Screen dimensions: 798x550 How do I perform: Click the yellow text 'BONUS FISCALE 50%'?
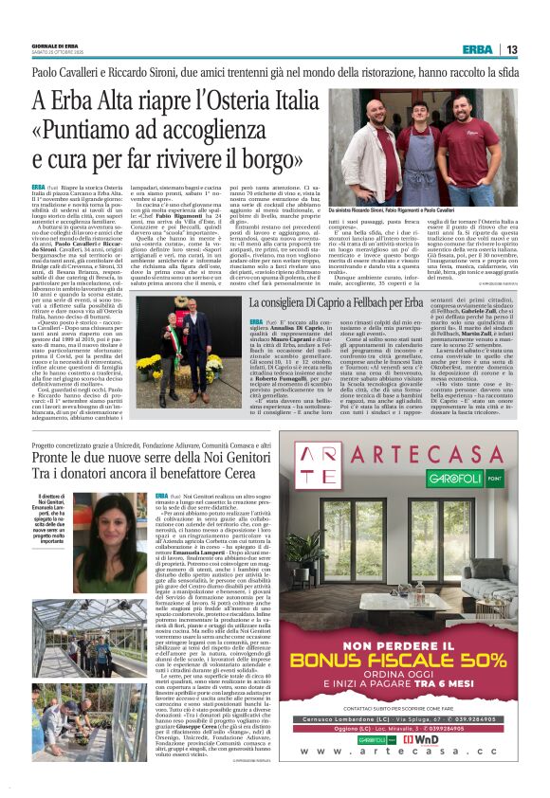point(399,660)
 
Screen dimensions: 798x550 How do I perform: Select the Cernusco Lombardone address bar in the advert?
point(399,720)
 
